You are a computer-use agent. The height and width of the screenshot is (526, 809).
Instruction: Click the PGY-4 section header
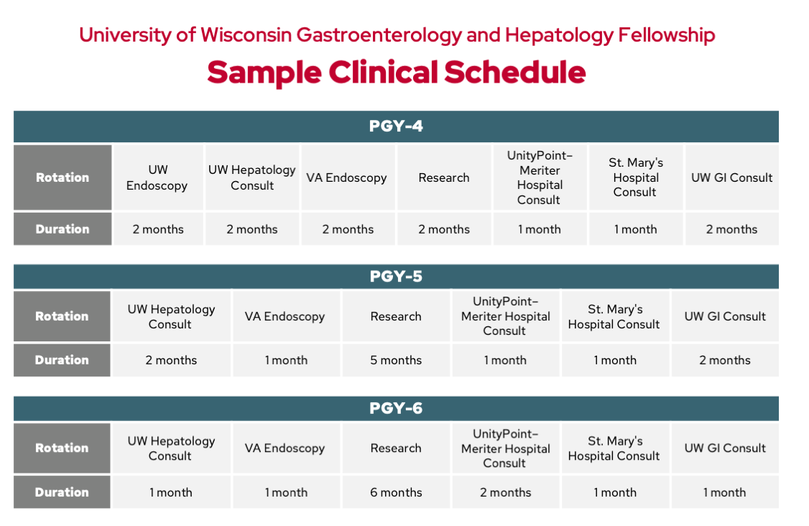tap(396, 126)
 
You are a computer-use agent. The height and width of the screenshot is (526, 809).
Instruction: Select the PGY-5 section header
tap(396, 277)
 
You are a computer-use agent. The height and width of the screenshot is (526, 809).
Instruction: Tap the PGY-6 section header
tap(396, 408)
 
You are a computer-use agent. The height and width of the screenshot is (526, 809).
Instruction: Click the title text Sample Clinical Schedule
tap(396, 73)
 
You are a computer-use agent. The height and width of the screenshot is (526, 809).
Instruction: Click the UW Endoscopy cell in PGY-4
tap(157, 177)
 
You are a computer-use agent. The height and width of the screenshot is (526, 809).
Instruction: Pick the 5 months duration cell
tap(396, 360)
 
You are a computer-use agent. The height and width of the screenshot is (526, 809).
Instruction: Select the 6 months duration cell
tap(396, 492)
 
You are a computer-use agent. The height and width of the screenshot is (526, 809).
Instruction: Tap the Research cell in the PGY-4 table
tap(444, 177)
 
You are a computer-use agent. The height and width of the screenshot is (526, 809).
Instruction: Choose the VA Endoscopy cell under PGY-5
tap(285, 316)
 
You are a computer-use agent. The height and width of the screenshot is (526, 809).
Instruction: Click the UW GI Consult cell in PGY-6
tap(725, 448)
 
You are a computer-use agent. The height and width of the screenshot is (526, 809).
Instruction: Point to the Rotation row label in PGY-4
tap(63, 177)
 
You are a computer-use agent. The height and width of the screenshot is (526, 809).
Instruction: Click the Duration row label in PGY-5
tap(63, 360)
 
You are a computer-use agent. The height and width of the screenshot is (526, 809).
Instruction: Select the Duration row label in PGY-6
tap(63, 492)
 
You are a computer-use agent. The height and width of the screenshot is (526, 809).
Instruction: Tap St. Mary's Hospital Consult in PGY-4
tap(635, 177)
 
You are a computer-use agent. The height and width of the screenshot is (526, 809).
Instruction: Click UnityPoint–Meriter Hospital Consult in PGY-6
tap(505, 448)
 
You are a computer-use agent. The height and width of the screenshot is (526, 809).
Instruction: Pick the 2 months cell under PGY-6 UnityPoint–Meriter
tap(505, 492)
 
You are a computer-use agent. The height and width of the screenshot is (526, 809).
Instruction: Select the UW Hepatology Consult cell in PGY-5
tap(171, 316)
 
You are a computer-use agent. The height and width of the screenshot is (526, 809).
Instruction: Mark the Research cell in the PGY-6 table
tap(396, 448)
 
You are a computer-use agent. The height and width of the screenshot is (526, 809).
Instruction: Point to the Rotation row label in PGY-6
tap(63, 448)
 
